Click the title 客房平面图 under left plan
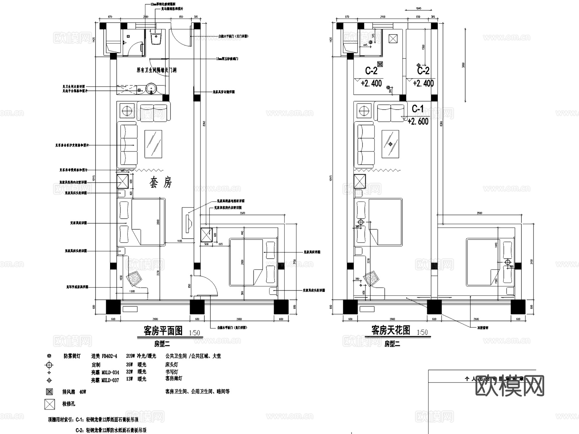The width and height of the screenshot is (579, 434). tap(163, 331)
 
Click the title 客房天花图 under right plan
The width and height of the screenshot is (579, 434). tap(391, 330)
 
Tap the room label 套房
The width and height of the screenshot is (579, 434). tap(161, 183)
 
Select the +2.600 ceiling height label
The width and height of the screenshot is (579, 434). tap(418, 121)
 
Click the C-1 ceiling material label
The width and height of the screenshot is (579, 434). tap(418, 109)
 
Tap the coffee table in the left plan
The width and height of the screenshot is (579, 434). tap(153, 144)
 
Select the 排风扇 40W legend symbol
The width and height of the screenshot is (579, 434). tap(49, 392)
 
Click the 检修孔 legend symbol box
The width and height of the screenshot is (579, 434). tap(49, 404)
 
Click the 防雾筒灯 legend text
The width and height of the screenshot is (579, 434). tap(72, 356)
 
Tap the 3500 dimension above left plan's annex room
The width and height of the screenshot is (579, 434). tap(242, 213)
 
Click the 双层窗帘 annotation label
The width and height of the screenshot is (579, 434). tap(482, 328)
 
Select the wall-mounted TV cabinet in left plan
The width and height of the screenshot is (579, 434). tap(187, 222)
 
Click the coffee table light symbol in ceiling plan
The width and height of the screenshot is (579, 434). tap(391, 144)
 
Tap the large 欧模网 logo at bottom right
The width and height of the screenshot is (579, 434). tap(510, 386)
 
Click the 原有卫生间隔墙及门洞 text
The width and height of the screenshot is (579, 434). tap(156, 70)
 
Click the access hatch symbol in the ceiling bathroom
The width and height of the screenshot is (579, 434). tap(393, 39)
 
